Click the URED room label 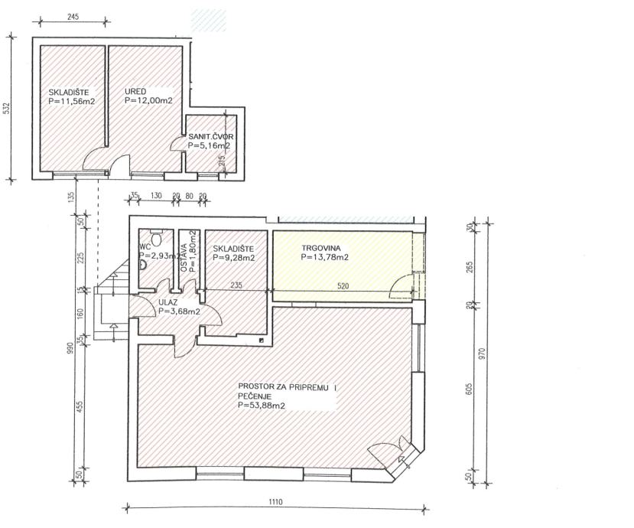click(x=135, y=92)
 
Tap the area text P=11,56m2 click(x=72, y=102)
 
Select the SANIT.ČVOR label click(x=210, y=137)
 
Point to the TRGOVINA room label click(x=321, y=249)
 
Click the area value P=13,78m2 click(x=325, y=257)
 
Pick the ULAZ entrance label click(x=168, y=302)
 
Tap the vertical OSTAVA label click(x=184, y=258)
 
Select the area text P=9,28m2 click(x=234, y=258)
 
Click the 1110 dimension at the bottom click(x=275, y=502)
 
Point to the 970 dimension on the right click(x=481, y=354)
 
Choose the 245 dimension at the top click(x=73, y=17)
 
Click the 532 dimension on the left click(x=6, y=109)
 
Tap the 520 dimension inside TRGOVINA click(x=343, y=286)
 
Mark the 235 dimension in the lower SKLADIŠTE click(x=236, y=285)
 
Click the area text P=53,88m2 click(x=262, y=406)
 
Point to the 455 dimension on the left click(x=80, y=406)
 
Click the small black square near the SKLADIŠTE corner click(x=262, y=341)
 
